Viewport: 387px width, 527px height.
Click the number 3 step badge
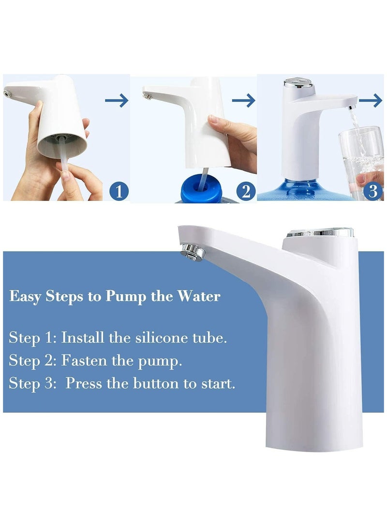coord(372,191)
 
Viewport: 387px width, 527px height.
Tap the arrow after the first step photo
coord(117,100)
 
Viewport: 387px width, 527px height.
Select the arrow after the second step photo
coord(243,100)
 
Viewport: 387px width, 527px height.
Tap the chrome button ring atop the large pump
coord(320,232)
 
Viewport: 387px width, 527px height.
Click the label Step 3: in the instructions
coord(31,384)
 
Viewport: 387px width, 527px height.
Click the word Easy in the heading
coord(26,296)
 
